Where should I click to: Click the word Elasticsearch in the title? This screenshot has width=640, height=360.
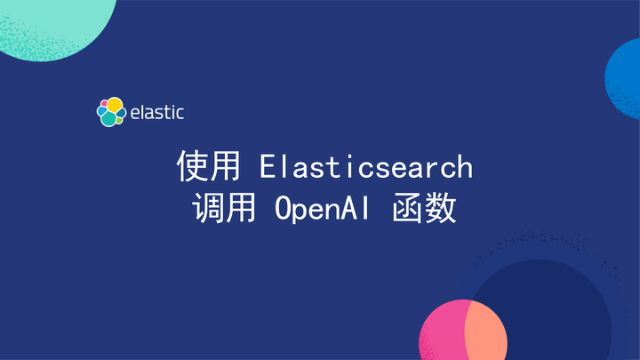coord(366,165)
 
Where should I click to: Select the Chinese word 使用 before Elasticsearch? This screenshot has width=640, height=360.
coord(208,165)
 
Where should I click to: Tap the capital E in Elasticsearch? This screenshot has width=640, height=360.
coord(268,165)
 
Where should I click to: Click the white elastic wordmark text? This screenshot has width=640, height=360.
coord(156,113)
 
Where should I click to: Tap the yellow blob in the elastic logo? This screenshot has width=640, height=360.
coord(115,105)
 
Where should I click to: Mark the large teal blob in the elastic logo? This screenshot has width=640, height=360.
coord(109,118)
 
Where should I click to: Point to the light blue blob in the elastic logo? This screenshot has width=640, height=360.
coord(100,113)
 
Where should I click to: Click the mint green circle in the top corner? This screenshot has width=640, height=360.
coord(53,22)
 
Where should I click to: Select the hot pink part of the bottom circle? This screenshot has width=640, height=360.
coord(441,333)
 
